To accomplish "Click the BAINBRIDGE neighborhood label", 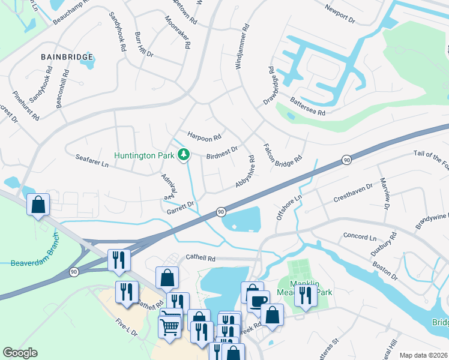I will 67,57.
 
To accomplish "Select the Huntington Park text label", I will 145,155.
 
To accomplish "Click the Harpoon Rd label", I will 204,137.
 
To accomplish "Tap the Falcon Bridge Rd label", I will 282,155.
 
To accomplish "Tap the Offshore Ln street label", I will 289,207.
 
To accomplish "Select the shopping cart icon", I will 170,327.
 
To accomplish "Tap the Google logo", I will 20,353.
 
